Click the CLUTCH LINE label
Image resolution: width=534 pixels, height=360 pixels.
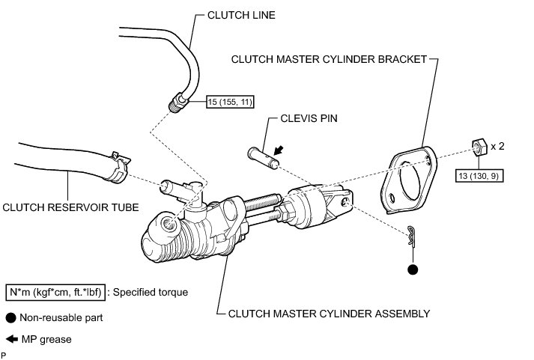click(x=241, y=15)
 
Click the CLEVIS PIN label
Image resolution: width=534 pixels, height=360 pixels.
click(x=309, y=118)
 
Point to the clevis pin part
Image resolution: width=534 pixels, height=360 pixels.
click(x=263, y=158)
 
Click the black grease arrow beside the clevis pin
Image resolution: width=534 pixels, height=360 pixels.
click(x=279, y=150)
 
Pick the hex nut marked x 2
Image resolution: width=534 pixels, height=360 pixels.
click(x=479, y=147)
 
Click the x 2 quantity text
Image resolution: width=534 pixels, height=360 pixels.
click(x=497, y=146)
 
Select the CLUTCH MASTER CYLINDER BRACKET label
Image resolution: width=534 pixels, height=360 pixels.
click(x=329, y=59)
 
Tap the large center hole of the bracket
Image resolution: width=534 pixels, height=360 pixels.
click(x=410, y=180)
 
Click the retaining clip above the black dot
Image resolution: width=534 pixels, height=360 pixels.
click(x=412, y=235)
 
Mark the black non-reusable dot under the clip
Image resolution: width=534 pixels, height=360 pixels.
click(x=413, y=269)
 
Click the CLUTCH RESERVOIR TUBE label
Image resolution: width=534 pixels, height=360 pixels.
click(x=70, y=207)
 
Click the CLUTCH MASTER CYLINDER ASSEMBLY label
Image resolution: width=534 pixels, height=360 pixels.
click(x=329, y=314)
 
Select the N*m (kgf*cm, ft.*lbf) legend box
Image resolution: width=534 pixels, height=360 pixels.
click(x=55, y=293)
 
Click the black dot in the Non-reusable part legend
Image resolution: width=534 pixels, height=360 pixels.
click(x=11, y=318)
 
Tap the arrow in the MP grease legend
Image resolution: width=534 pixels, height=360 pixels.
click(x=12, y=339)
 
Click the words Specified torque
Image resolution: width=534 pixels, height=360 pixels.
click(x=151, y=293)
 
